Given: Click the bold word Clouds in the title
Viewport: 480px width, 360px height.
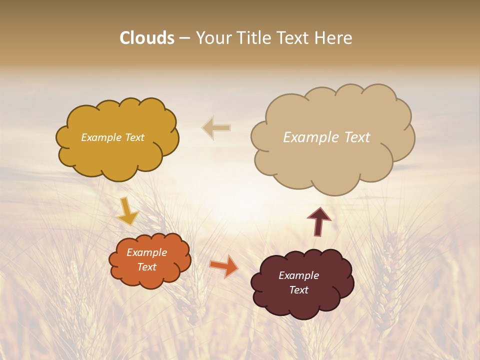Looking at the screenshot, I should [x=147, y=38].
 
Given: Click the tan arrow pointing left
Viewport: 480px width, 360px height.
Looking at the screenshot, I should [x=216, y=127].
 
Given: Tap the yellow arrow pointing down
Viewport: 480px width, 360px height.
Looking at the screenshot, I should [x=127, y=211].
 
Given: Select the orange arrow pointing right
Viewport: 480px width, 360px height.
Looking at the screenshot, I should [x=224, y=266].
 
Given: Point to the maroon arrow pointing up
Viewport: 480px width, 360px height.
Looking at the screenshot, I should [x=319, y=221].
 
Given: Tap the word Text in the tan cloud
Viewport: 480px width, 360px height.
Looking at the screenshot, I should [x=357, y=137].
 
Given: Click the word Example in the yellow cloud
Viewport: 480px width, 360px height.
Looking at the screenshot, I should [x=101, y=137].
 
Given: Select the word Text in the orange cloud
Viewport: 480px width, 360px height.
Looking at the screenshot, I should [x=147, y=267].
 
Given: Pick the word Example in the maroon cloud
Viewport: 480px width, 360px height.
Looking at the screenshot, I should [x=298, y=275].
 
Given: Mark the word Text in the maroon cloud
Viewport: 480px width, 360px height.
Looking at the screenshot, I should [x=298, y=290].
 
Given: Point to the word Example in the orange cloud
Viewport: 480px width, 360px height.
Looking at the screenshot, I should [x=147, y=252].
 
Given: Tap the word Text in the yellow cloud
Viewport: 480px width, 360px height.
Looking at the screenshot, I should [x=134, y=137].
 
